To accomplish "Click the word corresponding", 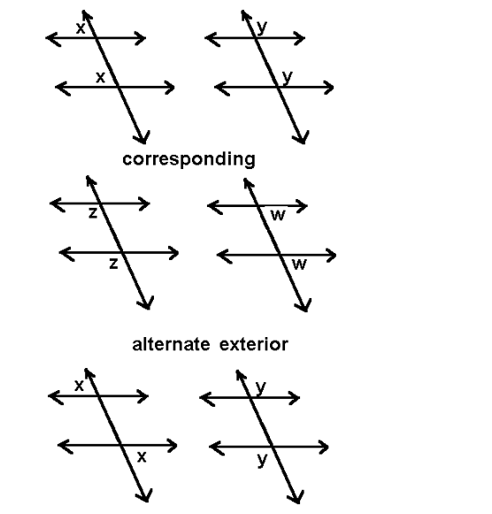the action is click(x=188, y=159).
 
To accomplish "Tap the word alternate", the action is click(x=171, y=344).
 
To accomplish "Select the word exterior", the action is click(x=254, y=344).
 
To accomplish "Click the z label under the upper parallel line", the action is click(x=93, y=213).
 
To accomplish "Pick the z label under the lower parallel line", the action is click(x=113, y=264).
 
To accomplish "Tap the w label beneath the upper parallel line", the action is click(x=278, y=215).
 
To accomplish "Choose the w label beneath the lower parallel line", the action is click(x=299, y=265).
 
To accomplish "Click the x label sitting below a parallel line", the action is click(x=142, y=457).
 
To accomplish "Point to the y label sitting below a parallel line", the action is click(x=262, y=460).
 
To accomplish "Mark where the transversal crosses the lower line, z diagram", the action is click(x=121, y=253).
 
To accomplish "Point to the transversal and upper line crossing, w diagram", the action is click(x=259, y=206).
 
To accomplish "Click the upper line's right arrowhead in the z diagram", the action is click(x=145, y=203).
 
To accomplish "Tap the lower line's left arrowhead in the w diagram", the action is click(x=223, y=255).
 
